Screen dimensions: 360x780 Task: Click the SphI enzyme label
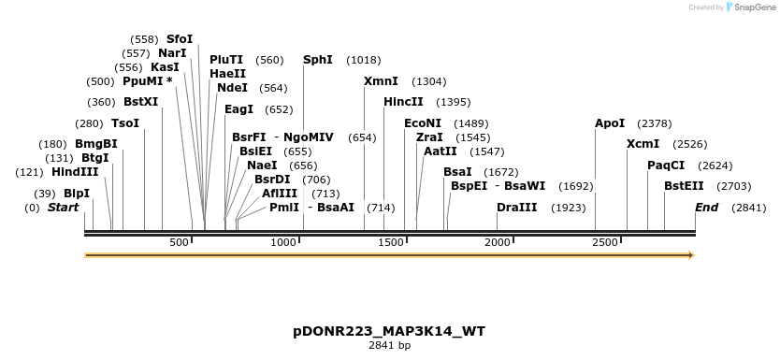point(317,60)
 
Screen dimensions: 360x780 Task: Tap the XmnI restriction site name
point(381,81)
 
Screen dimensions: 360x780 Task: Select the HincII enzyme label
point(403,102)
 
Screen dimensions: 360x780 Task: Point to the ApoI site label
point(610,123)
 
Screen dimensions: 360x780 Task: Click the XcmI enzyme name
point(643,144)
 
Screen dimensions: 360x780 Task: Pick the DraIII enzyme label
point(516,208)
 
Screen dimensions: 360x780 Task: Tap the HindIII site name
point(75,172)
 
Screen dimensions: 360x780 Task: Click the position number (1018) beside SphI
point(364,60)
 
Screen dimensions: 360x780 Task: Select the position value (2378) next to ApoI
point(655,123)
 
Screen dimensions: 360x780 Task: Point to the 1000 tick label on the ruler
point(283,243)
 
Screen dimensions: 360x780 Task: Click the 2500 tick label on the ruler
point(605,243)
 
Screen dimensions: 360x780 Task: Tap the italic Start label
point(63,208)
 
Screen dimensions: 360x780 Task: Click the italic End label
point(706,208)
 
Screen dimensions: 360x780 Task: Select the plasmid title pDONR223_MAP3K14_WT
point(389,331)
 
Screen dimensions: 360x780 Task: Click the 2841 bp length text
point(389,346)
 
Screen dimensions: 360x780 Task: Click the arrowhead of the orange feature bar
point(691,254)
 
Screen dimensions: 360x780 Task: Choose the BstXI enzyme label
point(141,102)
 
